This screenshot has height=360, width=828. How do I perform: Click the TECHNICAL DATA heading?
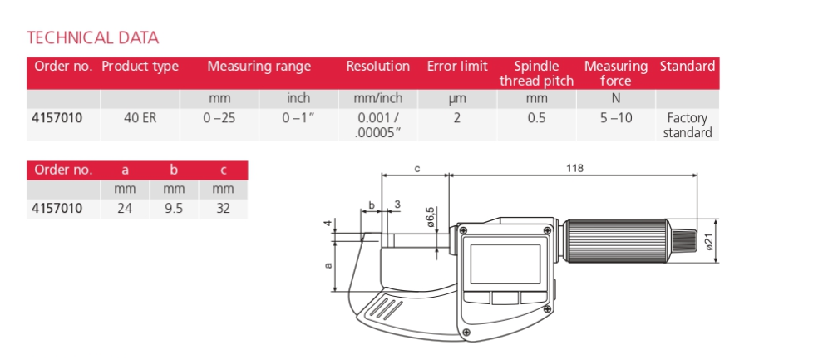pos(93,37)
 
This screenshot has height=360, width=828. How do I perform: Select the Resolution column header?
pos(377,67)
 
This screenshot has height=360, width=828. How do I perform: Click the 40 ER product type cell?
pos(140,118)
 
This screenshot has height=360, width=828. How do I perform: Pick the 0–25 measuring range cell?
pos(219,118)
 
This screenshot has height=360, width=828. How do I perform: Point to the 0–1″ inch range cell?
pos(298,118)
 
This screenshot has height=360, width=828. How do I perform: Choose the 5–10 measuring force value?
pos(616,118)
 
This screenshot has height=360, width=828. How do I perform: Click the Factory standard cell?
pos(687,126)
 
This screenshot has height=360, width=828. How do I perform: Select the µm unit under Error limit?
pos(456,99)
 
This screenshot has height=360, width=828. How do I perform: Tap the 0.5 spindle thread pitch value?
pos(536,118)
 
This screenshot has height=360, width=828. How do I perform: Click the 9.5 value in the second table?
pos(174,209)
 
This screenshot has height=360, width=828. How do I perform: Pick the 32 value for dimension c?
pos(222,209)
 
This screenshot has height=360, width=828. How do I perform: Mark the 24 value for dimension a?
pos(125,209)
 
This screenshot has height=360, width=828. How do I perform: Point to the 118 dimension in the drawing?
pos(573,168)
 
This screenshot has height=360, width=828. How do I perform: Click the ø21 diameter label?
pos(708,242)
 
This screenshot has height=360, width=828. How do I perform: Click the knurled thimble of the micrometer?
pos(618,241)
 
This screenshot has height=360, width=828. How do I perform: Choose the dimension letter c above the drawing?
pos(416,168)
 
